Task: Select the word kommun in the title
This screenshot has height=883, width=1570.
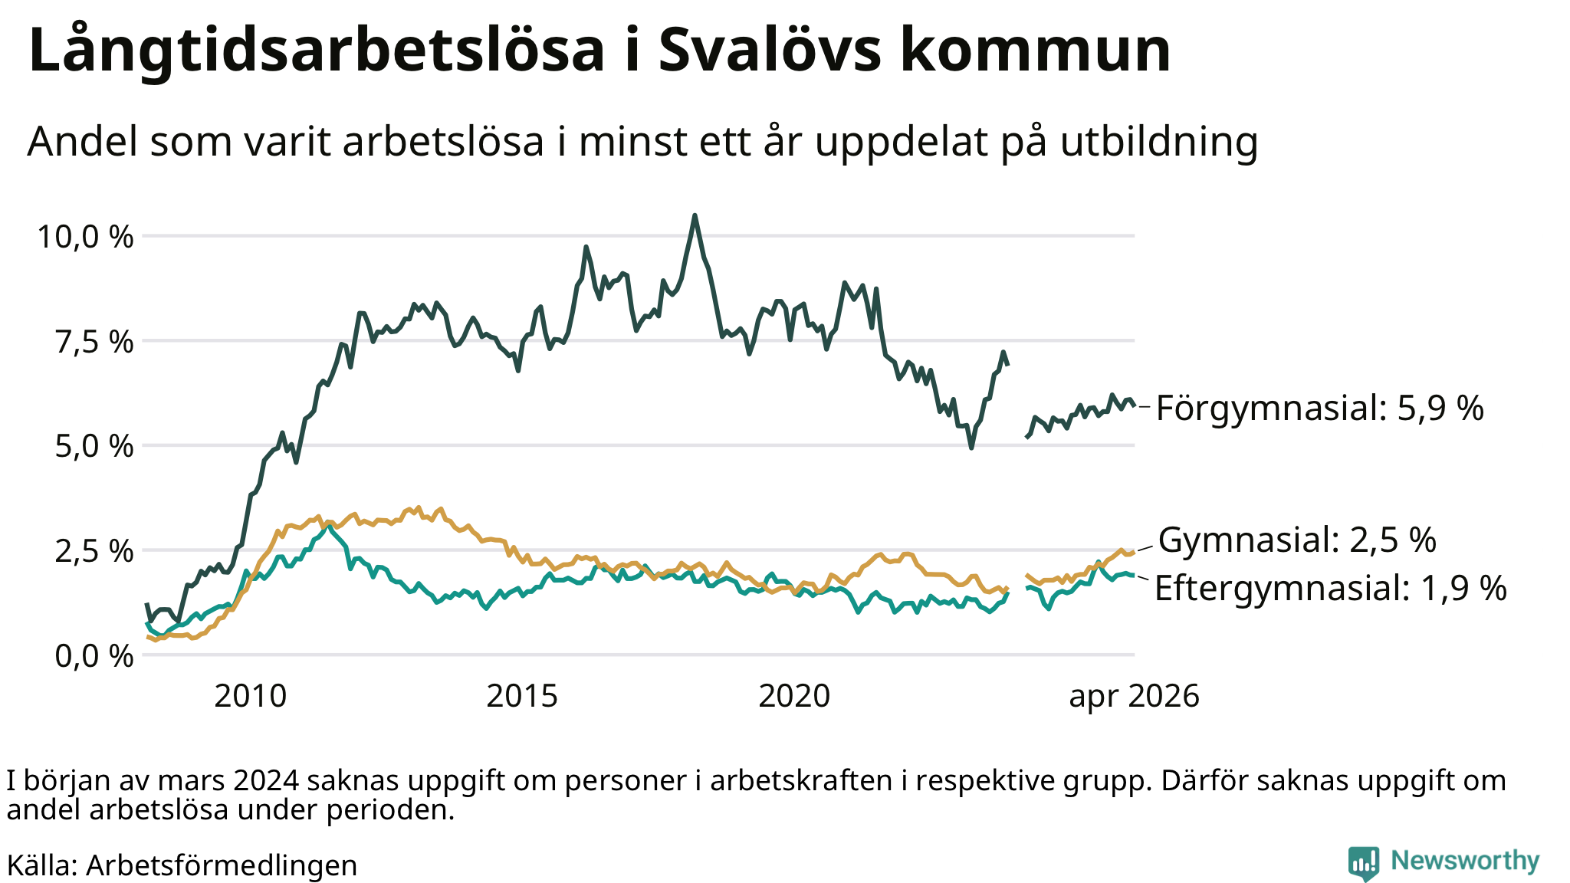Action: coord(1036,50)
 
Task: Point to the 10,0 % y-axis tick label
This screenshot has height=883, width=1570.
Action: coord(86,237)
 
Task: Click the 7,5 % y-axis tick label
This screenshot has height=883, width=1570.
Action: coord(94,342)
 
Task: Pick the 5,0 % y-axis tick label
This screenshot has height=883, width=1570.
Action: coord(94,446)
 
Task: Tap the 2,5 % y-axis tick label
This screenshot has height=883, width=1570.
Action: coord(94,551)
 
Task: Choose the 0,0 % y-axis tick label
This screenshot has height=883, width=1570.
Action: coord(94,656)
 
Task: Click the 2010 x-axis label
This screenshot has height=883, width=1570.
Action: coord(250,696)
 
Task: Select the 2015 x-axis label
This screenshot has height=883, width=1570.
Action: coord(522,696)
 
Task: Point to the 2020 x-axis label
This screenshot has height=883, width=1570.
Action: coord(794,696)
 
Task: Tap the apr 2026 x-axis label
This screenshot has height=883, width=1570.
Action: coord(1134,697)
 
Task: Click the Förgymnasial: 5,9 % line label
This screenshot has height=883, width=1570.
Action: coord(1320,409)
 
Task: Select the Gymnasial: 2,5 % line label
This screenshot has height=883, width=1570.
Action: coord(1297,540)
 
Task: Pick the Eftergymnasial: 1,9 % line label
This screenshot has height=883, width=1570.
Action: coord(1331,589)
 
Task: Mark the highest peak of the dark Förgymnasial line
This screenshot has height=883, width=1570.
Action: coord(695,215)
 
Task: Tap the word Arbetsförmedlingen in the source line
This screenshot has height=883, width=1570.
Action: coord(222,865)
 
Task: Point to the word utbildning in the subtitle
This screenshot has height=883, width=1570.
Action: coord(1159,142)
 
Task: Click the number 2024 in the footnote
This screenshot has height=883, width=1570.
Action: coord(265,781)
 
